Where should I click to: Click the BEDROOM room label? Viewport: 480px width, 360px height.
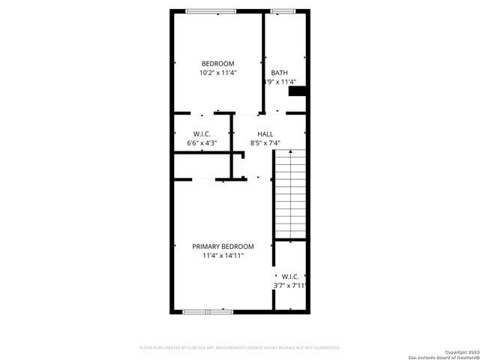pyautogui.click(x=217, y=63)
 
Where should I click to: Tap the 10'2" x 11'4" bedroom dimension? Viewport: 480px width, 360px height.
pyautogui.click(x=217, y=73)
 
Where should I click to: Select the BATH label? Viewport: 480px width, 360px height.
pyautogui.click(x=279, y=73)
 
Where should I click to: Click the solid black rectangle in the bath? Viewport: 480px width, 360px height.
pyautogui.click(x=298, y=91)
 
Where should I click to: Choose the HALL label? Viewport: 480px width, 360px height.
pyautogui.click(x=265, y=133)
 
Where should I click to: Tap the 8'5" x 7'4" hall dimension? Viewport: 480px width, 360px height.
pyautogui.click(x=265, y=143)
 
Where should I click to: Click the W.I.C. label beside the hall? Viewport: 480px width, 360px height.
pyautogui.click(x=202, y=133)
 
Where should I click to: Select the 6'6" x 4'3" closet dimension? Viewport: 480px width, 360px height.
pyautogui.click(x=202, y=143)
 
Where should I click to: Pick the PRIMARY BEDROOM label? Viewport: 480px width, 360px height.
pyautogui.click(x=223, y=246)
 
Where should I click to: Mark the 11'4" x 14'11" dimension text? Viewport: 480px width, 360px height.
pyautogui.click(x=223, y=256)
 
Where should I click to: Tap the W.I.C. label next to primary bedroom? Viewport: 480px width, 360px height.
pyautogui.click(x=291, y=276)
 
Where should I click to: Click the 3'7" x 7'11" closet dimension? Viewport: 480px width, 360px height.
pyautogui.click(x=291, y=286)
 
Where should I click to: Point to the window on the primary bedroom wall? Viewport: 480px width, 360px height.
pyautogui.click(x=208, y=310)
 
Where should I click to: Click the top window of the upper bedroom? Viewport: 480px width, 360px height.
pyautogui.click(x=211, y=10)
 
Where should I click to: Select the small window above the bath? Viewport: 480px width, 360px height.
pyautogui.click(x=282, y=10)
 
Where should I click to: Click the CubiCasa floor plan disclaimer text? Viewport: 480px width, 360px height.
pyautogui.click(x=240, y=348)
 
